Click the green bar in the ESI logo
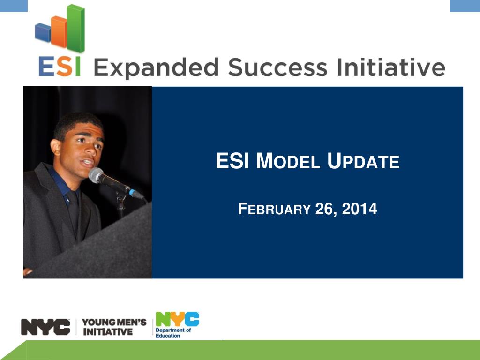click(x=75, y=28)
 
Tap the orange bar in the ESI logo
click(x=59, y=32)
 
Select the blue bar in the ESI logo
click(x=43, y=32)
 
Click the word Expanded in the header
click(x=156, y=68)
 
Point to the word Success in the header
click(x=277, y=67)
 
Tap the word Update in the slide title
click(x=363, y=161)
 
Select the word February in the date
click(x=274, y=209)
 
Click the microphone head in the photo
click(x=96, y=175)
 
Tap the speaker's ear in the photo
click(x=56, y=147)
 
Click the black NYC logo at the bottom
click(x=45, y=327)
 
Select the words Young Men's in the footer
click(x=114, y=322)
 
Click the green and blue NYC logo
click(x=178, y=319)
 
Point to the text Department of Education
click(x=173, y=333)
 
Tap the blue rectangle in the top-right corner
click(x=465, y=6)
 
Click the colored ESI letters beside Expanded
click(x=60, y=67)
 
